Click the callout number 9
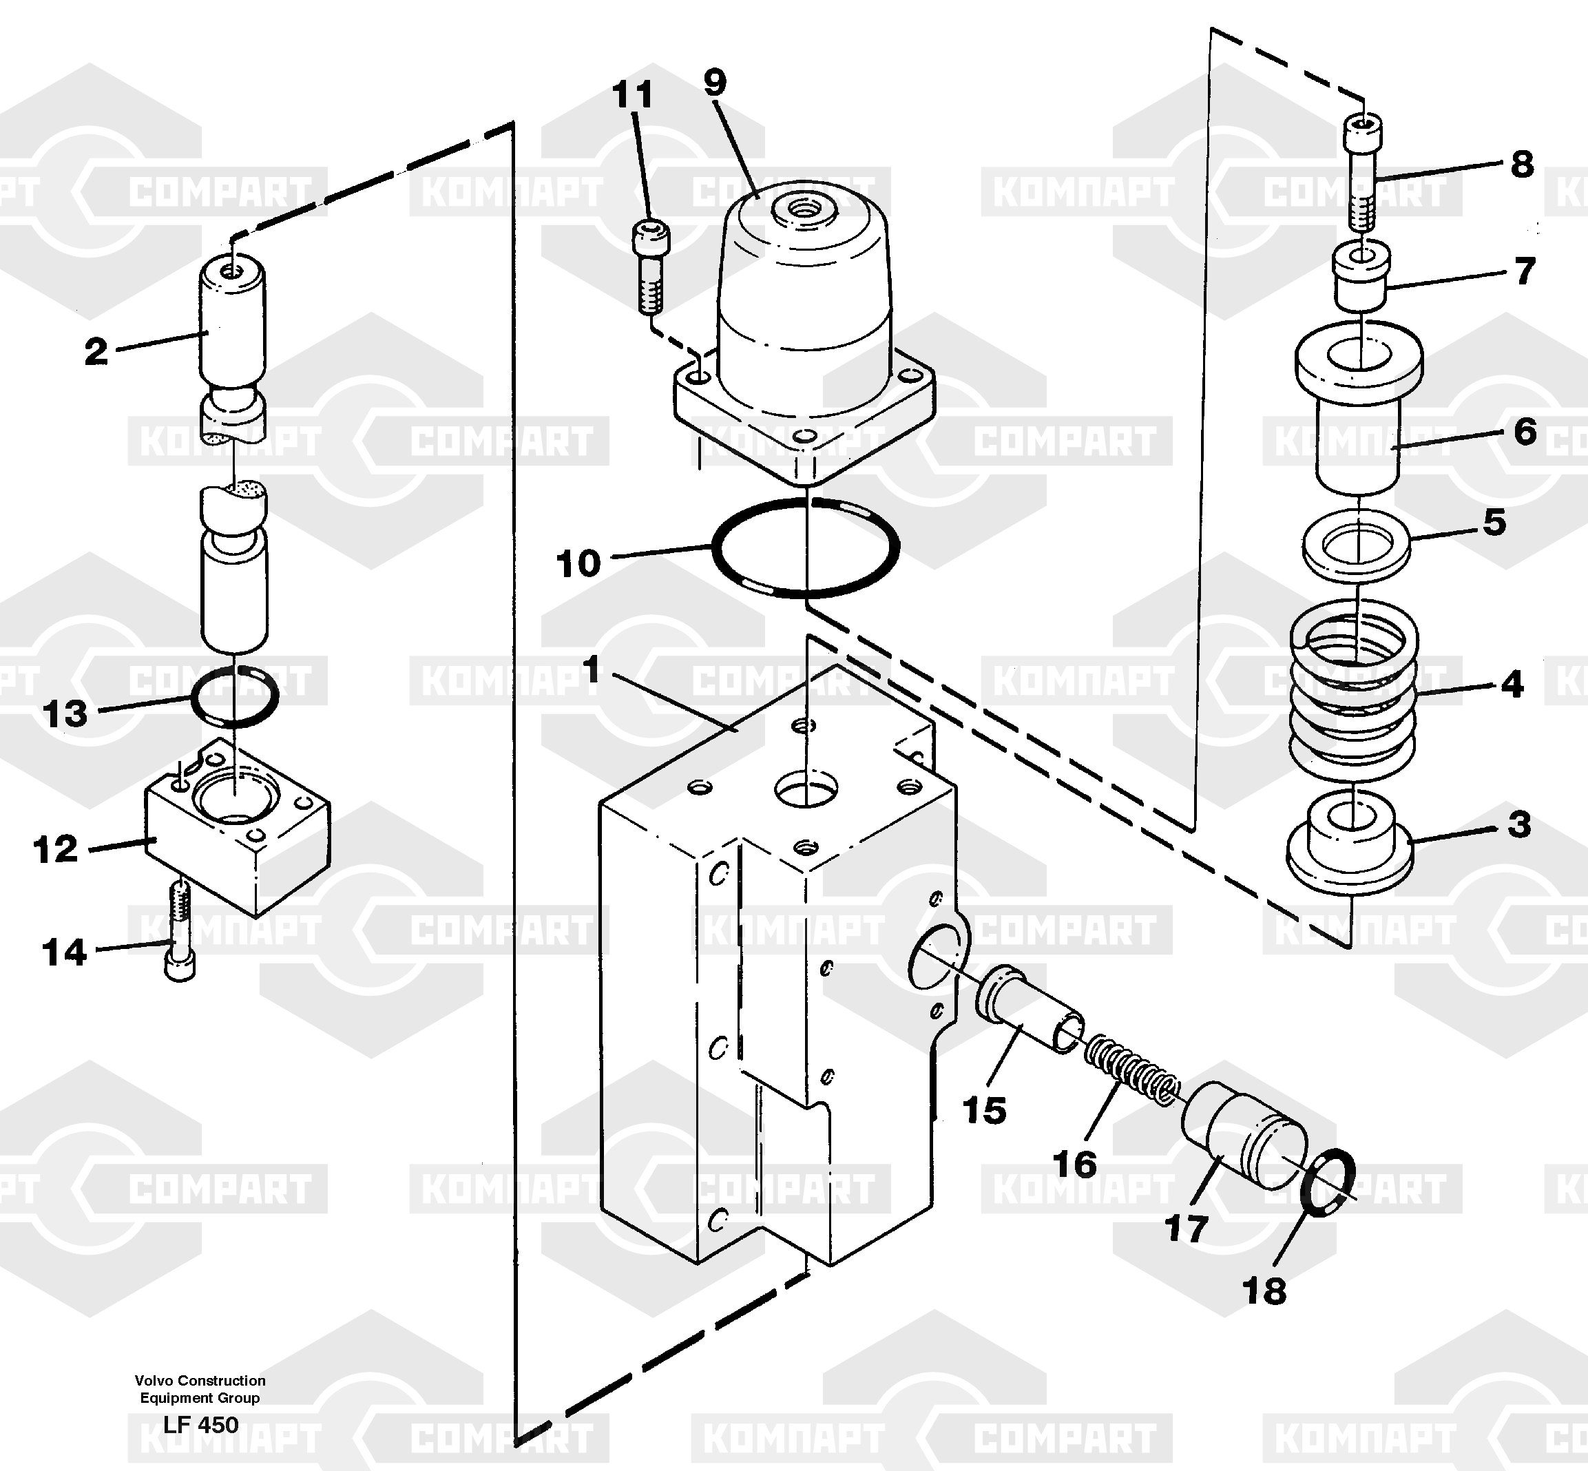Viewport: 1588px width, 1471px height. [x=714, y=82]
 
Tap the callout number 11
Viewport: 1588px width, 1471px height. [x=633, y=95]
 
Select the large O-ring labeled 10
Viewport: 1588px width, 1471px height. [x=806, y=547]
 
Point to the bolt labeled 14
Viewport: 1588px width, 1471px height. [x=180, y=931]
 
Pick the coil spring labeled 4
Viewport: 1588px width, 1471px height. [x=1353, y=689]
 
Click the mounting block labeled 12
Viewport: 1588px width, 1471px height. [x=237, y=828]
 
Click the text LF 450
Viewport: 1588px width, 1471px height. [x=200, y=1424]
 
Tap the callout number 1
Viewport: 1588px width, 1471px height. [x=591, y=670]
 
